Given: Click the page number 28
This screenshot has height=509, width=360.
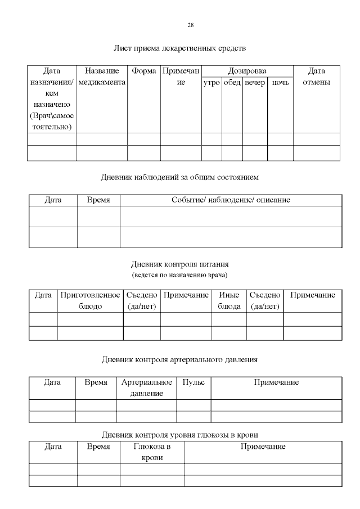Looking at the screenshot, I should click(191, 25).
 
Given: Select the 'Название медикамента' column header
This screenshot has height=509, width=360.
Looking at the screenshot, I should click(102, 77).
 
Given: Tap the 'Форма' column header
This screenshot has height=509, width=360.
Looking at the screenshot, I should click(144, 71).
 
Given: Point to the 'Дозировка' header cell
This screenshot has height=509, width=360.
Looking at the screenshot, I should click(247, 71).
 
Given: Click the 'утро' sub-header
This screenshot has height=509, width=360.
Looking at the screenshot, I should click(211, 83).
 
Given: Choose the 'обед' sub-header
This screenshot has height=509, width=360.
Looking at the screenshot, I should click(232, 83).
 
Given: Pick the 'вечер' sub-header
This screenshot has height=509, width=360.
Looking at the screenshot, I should click(255, 83).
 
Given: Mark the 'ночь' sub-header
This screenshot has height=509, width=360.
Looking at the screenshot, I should click(280, 83).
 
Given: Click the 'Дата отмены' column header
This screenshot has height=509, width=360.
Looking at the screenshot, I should click(317, 77).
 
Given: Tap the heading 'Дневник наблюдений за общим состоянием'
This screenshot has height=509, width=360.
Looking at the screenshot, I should click(180, 177).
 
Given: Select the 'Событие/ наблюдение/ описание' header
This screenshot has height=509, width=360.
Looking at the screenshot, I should click(231, 200).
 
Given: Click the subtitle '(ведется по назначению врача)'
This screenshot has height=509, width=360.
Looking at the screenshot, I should click(180, 275).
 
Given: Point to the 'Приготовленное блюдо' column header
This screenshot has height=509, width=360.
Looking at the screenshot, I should click(90, 300).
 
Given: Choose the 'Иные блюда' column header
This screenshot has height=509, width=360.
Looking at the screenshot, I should click(229, 300).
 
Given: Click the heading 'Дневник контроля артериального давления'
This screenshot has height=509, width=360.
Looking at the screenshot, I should click(180, 359).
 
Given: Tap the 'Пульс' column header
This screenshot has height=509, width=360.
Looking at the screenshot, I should click(193, 382).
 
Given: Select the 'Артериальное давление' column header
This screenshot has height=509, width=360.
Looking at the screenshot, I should click(147, 388).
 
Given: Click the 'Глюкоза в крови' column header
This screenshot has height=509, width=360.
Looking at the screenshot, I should click(152, 452).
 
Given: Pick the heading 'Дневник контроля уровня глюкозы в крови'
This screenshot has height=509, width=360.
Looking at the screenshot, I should click(180, 435).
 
